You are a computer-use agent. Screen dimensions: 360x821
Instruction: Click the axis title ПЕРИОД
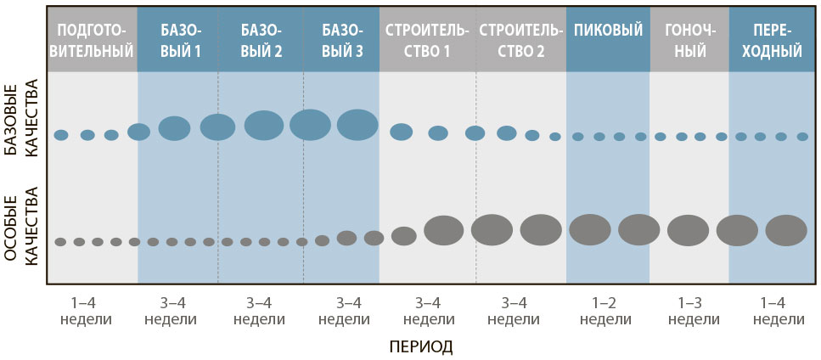tap(420, 346)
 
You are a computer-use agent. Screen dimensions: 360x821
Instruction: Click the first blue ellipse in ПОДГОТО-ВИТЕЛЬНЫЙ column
tap(61, 135)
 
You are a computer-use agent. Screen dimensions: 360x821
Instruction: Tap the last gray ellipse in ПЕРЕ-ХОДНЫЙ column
tap(786, 231)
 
